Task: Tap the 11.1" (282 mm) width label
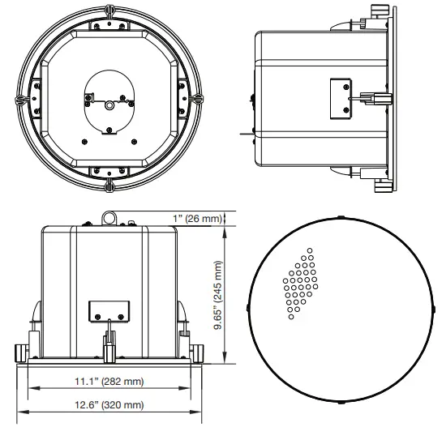point(111,381)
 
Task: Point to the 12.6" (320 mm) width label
point(111,404)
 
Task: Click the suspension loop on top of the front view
point(109,218)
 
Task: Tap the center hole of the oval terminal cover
point(108,105)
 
